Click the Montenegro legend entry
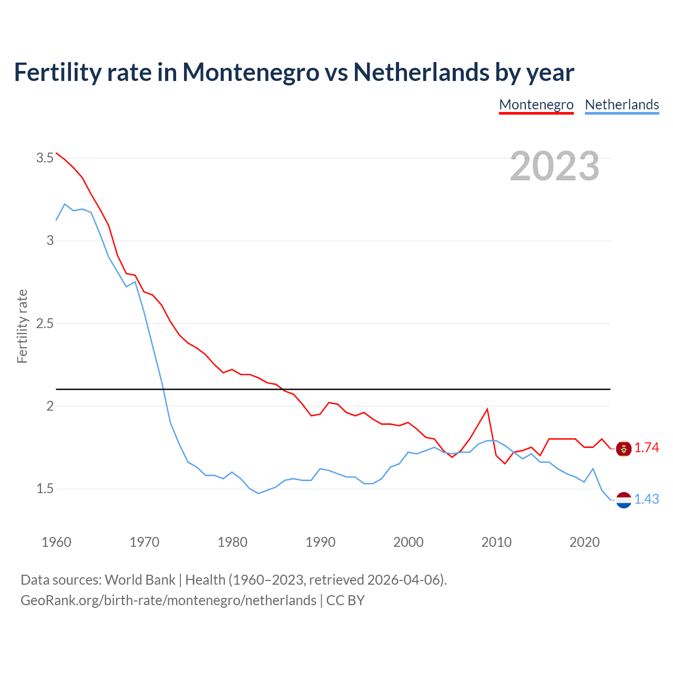point(536,105)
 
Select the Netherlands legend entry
point(621,105)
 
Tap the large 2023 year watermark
point(554,166)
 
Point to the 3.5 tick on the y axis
point(45,158)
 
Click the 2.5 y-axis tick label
point(45,323)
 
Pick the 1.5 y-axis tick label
point(45,488)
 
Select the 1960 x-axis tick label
point(56,542)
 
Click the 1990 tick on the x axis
point(320,542)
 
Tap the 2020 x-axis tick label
point(584,542)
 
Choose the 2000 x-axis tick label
point(408,542)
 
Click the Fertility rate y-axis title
point(22,326)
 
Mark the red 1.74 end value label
point(646,447)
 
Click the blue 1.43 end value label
point(646,499)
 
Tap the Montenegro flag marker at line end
point(624,448)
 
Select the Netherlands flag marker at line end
point(624,500)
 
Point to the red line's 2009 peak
point(487,409)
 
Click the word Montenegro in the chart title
point(251,72)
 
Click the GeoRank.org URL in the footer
point(168,600)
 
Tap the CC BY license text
point(345,600)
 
